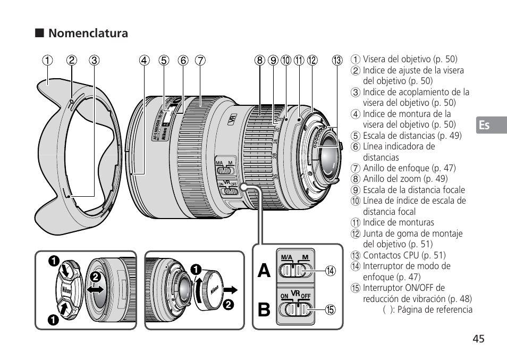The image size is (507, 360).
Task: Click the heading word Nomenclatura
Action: (88, 34)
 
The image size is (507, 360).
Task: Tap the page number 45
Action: (478, 339)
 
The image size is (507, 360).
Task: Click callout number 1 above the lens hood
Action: (48, 60)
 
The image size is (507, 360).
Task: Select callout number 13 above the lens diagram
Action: (337, 60)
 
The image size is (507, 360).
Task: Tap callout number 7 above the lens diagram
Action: (199, 60)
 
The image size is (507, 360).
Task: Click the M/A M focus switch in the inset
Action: (294, 271)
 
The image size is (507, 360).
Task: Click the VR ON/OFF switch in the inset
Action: (294, 309)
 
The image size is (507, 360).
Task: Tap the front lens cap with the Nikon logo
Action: (66, 290)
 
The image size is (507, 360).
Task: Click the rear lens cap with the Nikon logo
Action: (213, 290)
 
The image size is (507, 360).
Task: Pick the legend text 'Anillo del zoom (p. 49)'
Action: (405, 179)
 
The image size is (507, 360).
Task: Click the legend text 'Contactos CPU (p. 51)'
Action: (404, 255)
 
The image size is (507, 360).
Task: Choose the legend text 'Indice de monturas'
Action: (398, 222)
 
